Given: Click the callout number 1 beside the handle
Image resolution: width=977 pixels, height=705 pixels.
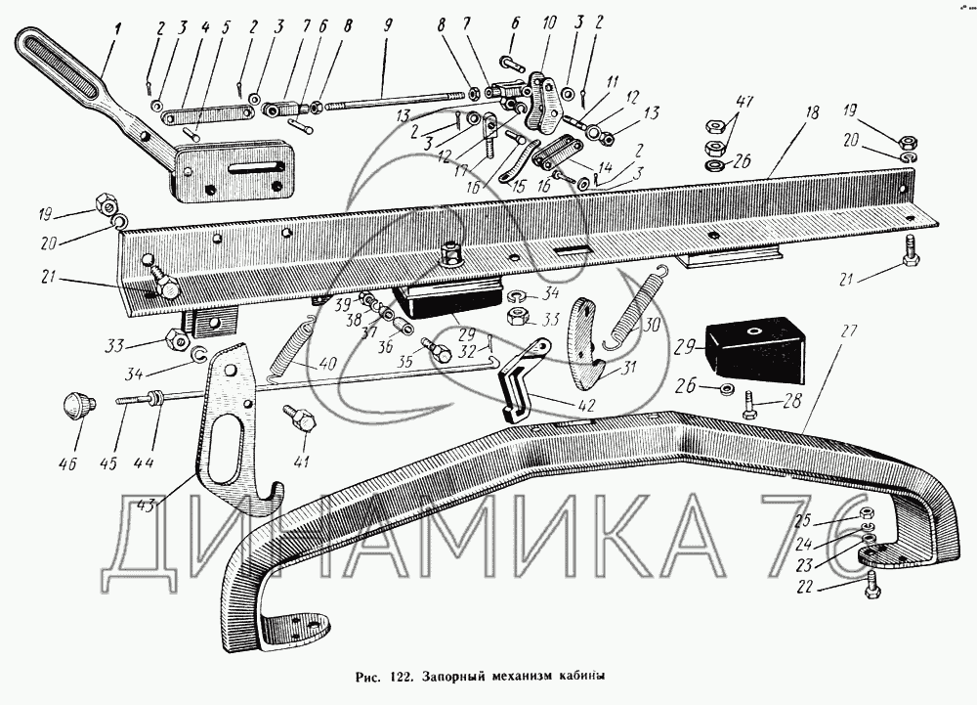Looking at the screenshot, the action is point(117,28).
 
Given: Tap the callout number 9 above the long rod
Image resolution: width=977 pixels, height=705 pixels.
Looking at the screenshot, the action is point(388,26).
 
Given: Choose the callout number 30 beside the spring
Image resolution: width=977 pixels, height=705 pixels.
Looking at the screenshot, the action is point(651,325).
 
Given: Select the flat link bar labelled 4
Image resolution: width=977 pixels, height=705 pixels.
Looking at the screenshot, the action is point(207,114).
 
